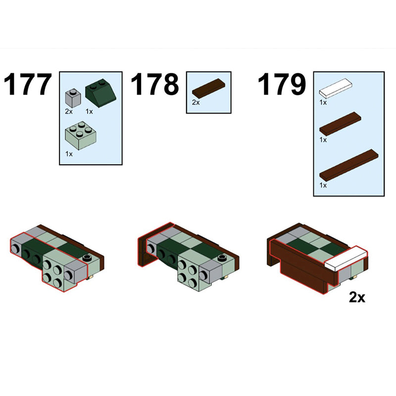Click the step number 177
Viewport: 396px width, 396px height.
28,84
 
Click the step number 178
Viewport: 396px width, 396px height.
155,84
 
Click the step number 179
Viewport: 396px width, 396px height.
282,84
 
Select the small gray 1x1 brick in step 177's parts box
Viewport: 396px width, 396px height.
73,98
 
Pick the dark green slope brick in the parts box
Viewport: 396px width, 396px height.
100,93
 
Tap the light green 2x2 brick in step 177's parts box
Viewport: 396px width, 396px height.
80,136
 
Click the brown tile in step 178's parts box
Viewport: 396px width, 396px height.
208,88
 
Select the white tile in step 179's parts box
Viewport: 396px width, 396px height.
336,89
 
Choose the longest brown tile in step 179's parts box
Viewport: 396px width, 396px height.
349,165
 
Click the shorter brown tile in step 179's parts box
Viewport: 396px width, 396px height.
340,124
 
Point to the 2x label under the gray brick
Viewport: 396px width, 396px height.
69,111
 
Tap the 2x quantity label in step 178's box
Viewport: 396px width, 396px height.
196,102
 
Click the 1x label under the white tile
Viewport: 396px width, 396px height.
323,102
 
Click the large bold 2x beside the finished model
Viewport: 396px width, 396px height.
357,297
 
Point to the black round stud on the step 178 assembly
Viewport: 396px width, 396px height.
222,258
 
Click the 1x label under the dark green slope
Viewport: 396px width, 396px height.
89,111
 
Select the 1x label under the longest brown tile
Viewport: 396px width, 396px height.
323,185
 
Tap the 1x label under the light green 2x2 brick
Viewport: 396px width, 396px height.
69,154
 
